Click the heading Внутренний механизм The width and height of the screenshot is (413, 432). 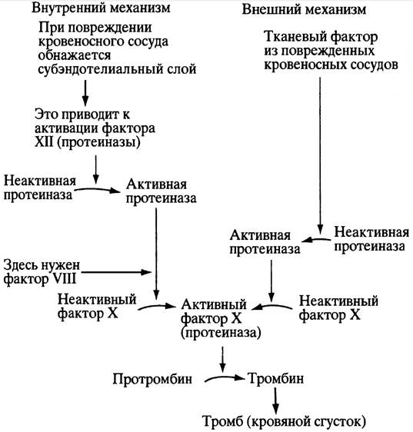coord(101,8)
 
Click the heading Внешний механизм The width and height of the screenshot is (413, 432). coord(304,9)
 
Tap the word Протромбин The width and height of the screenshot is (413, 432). coord(152,379)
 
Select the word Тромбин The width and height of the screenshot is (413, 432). coord(276,378)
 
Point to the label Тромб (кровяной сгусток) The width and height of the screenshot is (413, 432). coord(285,421)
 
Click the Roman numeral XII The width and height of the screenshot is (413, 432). coord(44,142)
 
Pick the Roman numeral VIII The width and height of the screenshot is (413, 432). coord(64,279)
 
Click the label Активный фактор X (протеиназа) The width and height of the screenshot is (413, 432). coord(221,318)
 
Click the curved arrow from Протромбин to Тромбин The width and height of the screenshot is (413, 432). coord(225,378)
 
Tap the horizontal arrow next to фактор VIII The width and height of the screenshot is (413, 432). coord(116,272)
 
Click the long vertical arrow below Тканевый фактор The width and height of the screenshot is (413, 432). coord(320,156)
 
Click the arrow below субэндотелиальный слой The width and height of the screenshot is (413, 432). coord(85,93)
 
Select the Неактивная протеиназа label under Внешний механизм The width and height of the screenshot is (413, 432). coord(371,239)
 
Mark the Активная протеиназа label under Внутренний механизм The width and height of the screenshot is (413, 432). coord(161,191)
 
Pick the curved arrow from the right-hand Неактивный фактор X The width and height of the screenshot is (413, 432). coord(271,306)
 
